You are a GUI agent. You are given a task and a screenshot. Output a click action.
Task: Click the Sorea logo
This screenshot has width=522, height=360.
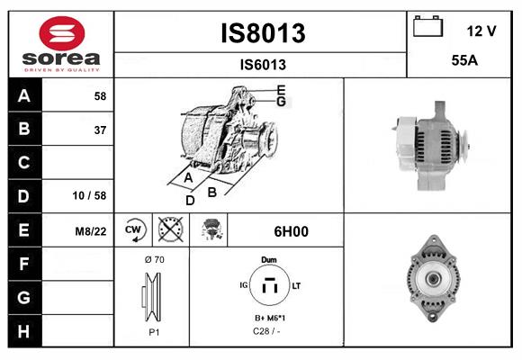tap(61, 44)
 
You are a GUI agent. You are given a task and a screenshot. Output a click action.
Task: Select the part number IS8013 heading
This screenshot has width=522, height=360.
tap(263, 33)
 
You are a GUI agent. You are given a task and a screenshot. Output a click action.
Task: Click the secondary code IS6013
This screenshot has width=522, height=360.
tap(263, 64)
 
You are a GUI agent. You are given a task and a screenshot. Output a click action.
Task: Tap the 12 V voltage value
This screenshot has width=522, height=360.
tap(481, 31)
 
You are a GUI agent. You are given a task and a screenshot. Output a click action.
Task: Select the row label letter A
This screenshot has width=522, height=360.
tap(23, 95)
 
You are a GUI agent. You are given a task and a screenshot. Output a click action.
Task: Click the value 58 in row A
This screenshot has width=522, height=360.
tap(99, 95)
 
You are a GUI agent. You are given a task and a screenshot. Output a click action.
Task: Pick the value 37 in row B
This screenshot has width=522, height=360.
tap(99, 130)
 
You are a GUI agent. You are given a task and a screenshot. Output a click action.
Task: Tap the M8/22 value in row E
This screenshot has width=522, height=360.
tap(91, 231)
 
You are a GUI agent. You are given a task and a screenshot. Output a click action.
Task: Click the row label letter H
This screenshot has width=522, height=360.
tap(23, 330)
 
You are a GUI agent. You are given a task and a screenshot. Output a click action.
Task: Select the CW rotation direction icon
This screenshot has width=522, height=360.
tap(133, 231)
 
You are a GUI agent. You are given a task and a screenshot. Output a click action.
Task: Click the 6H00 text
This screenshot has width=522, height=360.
tap(291, 231)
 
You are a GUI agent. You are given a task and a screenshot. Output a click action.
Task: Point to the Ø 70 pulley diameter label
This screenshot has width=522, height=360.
tap(153, 260)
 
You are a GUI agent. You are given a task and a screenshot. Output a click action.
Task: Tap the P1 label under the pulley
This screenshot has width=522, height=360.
tap(153, 330)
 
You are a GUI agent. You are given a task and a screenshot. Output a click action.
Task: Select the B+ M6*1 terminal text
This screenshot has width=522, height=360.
tap(268, 319)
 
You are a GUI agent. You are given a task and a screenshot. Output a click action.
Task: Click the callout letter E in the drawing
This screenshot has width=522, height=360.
tap(281, 90)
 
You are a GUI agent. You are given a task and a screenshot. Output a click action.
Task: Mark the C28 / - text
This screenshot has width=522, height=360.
tap(268, 331)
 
